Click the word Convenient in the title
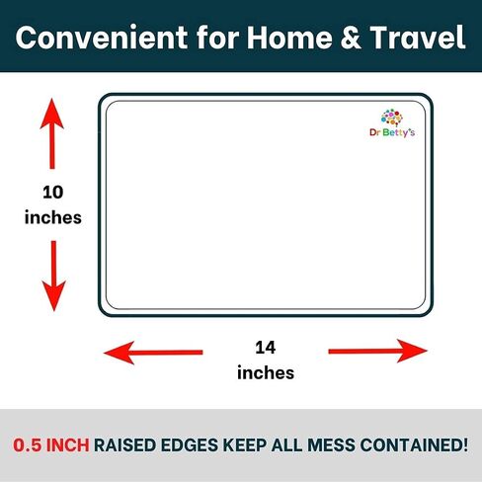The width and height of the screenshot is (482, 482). click(102, 38)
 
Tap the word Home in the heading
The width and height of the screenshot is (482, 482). click(289, 38)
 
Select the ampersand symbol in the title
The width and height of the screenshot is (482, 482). click(351, 38)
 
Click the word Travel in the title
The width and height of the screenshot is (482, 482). click(418, 38)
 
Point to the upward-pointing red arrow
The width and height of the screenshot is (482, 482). click(52, 133)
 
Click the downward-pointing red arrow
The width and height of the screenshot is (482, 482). click(53, 276)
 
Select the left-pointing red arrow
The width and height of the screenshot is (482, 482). click(153, 353)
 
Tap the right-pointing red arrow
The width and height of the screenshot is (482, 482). click(378, 351)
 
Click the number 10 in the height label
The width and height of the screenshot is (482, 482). click(53, 193)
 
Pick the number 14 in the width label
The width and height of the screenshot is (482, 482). click(266, 348)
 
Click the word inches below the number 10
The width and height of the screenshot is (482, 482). click(53, 217)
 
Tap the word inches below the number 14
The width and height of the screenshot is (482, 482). click(266, 373)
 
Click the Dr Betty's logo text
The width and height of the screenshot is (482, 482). click(392, 132)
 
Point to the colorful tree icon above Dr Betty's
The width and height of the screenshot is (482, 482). click(392, 118)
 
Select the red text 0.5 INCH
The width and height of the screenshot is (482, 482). click(51, 445)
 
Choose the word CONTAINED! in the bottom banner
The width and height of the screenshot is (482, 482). click(414, 445)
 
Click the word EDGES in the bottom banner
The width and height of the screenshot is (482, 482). click(190, 445)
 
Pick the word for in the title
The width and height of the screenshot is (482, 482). click(217, 38)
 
